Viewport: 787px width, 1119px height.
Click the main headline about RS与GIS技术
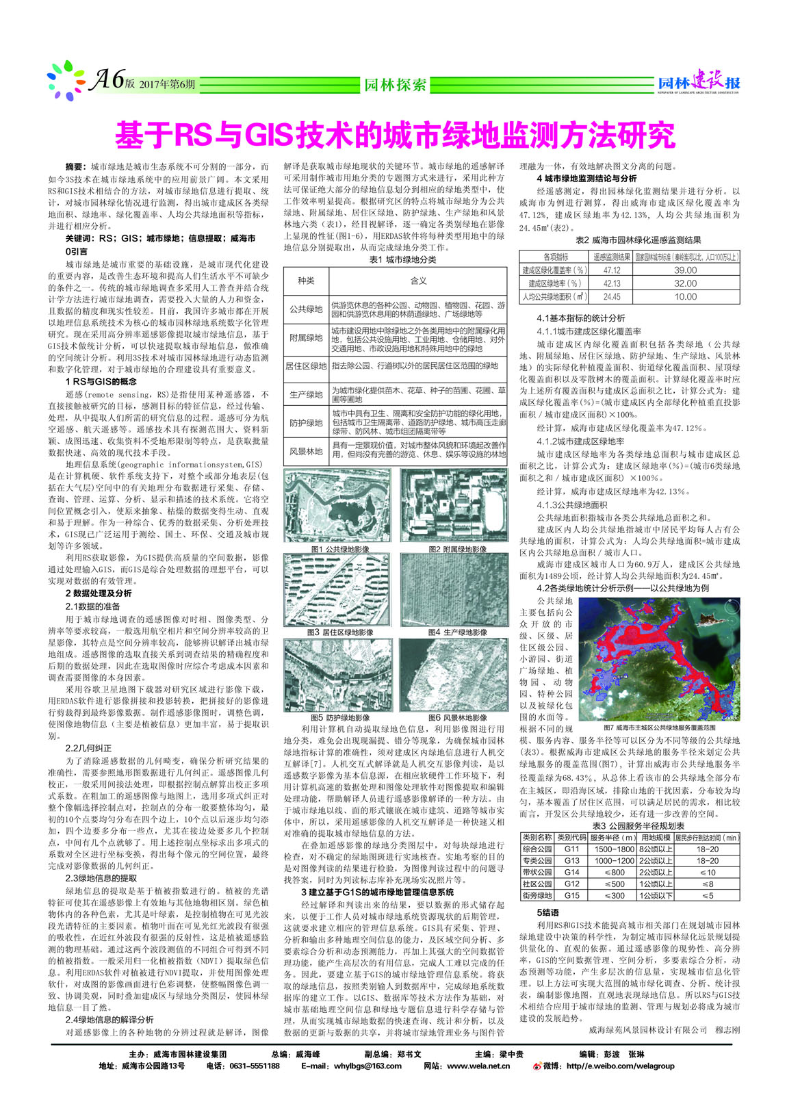coord(394,135)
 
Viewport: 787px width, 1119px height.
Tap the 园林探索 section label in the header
coord(395,84)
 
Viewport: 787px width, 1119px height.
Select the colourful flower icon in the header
coord(66,81)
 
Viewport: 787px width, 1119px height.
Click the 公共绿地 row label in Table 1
coord(306,309)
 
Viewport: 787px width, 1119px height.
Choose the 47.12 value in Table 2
coord(612,270)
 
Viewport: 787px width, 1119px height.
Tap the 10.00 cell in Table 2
coord(685,296)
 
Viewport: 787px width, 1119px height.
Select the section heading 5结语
coord(547,912)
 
